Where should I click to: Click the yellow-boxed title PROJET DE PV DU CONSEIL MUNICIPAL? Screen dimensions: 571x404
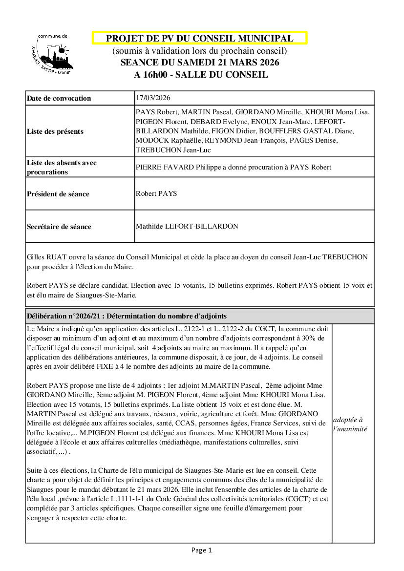coord(199,39)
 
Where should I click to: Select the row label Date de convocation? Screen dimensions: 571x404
coord(59,98)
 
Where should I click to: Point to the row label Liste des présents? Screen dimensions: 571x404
coord(55,131)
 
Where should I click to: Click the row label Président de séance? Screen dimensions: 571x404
coord(58,194)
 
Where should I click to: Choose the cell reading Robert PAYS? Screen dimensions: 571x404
coord(156,193)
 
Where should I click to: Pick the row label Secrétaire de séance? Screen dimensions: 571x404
coord(59,227)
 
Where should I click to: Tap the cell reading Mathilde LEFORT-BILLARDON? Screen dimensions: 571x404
coord(187,226)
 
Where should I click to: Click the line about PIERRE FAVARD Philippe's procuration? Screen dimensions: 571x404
coord(234,167)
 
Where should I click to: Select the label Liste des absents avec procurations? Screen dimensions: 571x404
coord(62,167)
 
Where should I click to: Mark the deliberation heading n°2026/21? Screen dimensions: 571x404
coord(127,316)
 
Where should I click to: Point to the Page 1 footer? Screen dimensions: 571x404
coord(201,550)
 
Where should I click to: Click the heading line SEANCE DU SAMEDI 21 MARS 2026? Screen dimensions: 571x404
coord(200,63)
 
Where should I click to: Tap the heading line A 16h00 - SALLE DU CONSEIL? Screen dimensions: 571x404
coord(201,75)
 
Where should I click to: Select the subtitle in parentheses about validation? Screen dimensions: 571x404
coord(200,51)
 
